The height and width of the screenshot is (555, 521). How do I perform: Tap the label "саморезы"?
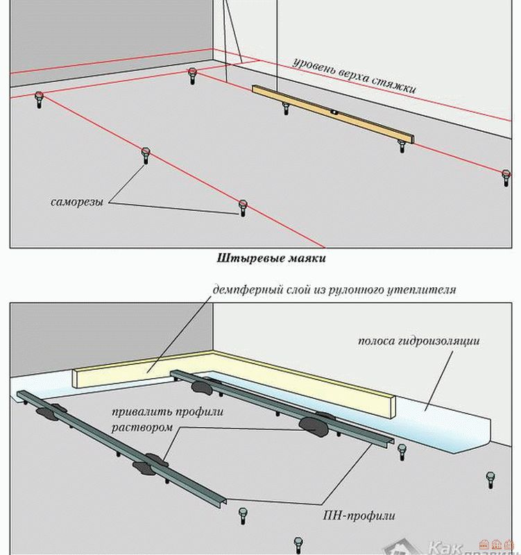click(x=78, y=203)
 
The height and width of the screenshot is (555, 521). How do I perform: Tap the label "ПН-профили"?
click(x=359, y=515)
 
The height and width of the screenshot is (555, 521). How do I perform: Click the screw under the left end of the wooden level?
click(x=285, y=108)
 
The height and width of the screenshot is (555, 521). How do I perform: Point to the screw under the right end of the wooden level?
click(x=401, y=145)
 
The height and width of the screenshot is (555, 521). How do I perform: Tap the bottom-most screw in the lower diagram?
click(x=298, y=543)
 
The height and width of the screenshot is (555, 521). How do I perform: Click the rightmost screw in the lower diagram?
click(x=489, y=481)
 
